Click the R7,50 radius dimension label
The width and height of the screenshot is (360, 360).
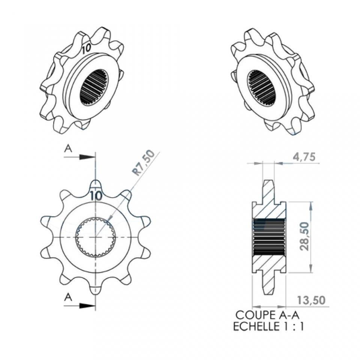pyautogui.click(x=144, y=163)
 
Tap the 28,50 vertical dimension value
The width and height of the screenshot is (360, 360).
pyautogui.click(x=304, y=236)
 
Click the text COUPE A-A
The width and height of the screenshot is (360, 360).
pyautogui.click(x=267, y=315)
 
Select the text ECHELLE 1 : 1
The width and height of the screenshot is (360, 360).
pyautogui.click(x=268, y=327)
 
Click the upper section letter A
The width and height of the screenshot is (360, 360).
pyautogui.click(x=68, y=148)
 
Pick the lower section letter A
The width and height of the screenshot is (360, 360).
pyautogui.click(x=68, y=297)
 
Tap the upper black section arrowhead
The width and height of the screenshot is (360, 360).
pyautogui.click(x=87, y=157)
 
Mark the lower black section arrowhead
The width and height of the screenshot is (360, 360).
pyautogui.click(x=87, y=306)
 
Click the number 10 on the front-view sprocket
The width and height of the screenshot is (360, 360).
pyautogui.click(x=96, y=195)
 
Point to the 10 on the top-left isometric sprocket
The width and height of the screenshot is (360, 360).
pyautogui.click(x=86, y=48)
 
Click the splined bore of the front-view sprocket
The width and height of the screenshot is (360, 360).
pyautogui.click(x=96, y=237)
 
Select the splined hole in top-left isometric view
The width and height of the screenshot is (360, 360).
pyautogui.click(x=94, y=87)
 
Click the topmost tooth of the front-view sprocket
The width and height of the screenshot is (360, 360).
pyautogui.click(x=96, y=184)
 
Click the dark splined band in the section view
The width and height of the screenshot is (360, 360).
pyautogui.click(x=269, y=237)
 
